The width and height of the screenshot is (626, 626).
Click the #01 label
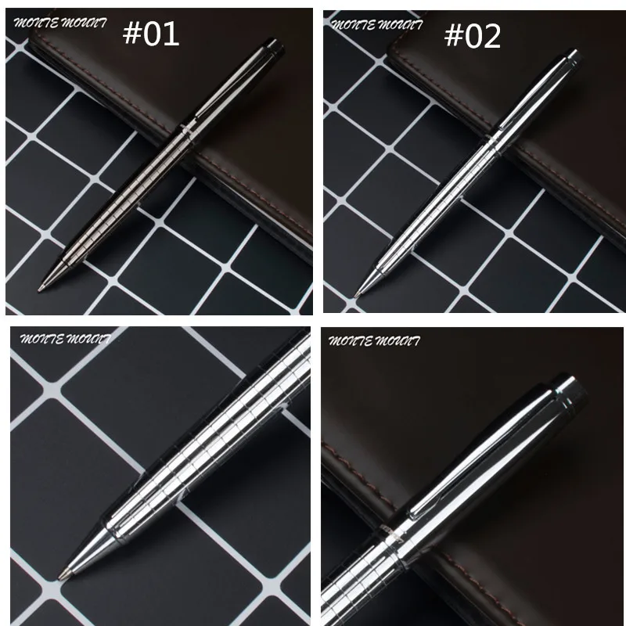(150, 34)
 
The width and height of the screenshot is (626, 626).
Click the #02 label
(473, 36)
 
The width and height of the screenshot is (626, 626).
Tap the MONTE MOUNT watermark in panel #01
(60, 23)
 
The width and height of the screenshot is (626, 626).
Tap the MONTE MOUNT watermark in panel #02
(377, 25)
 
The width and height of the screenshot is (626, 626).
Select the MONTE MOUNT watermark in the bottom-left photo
(66, 339)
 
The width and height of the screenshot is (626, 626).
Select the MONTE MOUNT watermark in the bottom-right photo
(374, 340)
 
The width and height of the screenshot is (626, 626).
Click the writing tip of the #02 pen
(357, 295)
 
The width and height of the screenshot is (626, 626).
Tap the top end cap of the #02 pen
(573, 57)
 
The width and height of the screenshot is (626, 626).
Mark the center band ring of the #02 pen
(492, 140)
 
